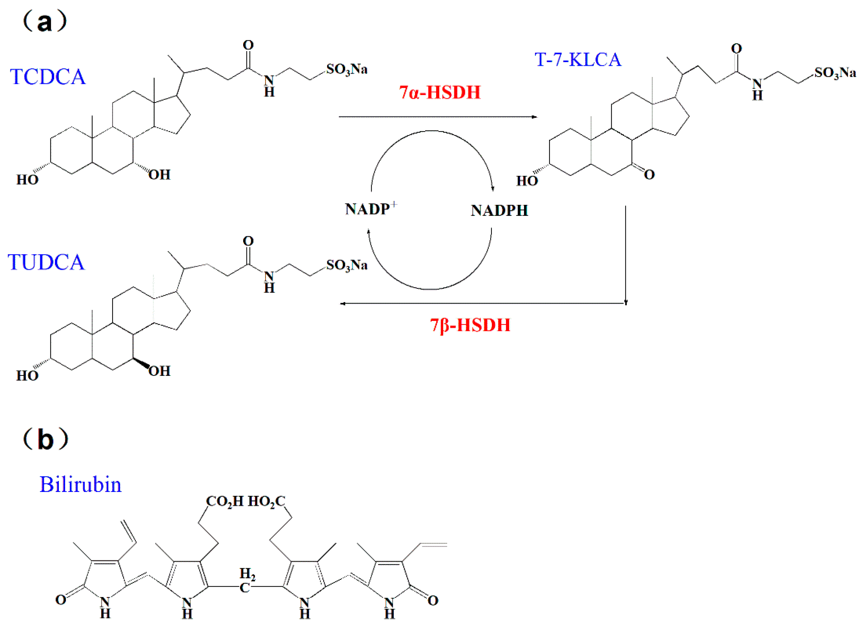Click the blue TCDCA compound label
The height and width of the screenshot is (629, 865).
pos(48,77)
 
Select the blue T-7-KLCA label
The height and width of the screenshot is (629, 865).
pos(578,60)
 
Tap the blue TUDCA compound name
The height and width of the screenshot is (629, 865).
pos(46,262)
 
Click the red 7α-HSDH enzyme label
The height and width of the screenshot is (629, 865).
pos(440,93)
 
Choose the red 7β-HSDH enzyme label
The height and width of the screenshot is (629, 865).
pos(470,325)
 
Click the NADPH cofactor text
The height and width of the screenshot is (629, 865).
pos(499,210)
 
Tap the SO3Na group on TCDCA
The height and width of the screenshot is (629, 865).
pos(347,69)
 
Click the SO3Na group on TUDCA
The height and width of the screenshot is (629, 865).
pos(347,265)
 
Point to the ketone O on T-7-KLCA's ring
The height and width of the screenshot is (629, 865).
pos(649,175)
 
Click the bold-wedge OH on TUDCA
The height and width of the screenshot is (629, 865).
pos(160,371)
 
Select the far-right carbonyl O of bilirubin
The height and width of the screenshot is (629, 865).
pos(432,601)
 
